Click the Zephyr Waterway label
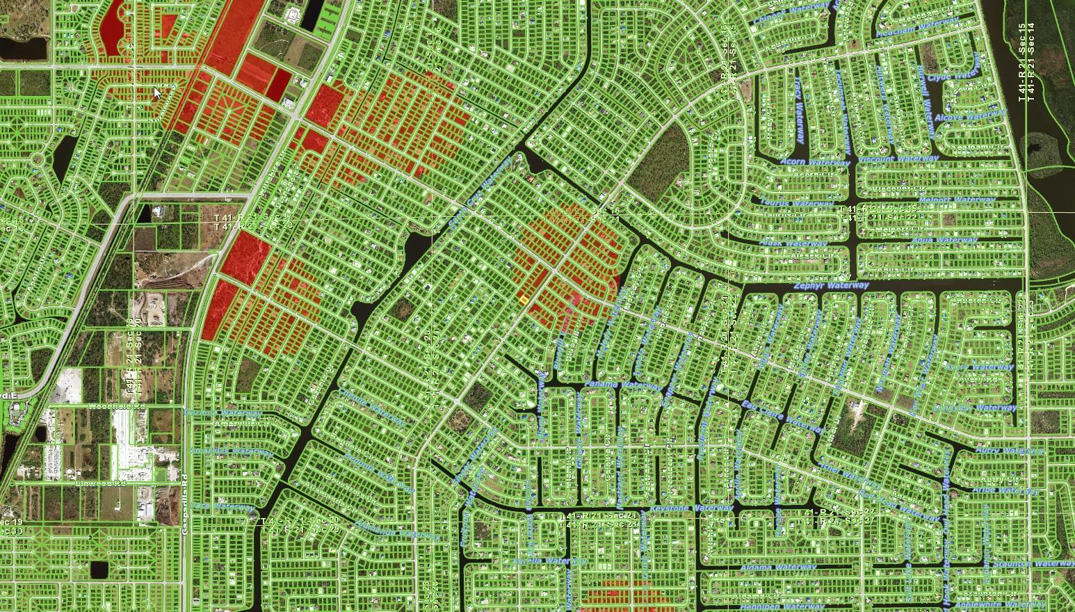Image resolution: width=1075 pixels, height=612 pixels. pos(832,286)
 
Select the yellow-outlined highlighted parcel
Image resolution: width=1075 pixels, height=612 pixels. pos(523,299)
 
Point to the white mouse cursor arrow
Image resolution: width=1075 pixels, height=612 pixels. pos(158,92)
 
